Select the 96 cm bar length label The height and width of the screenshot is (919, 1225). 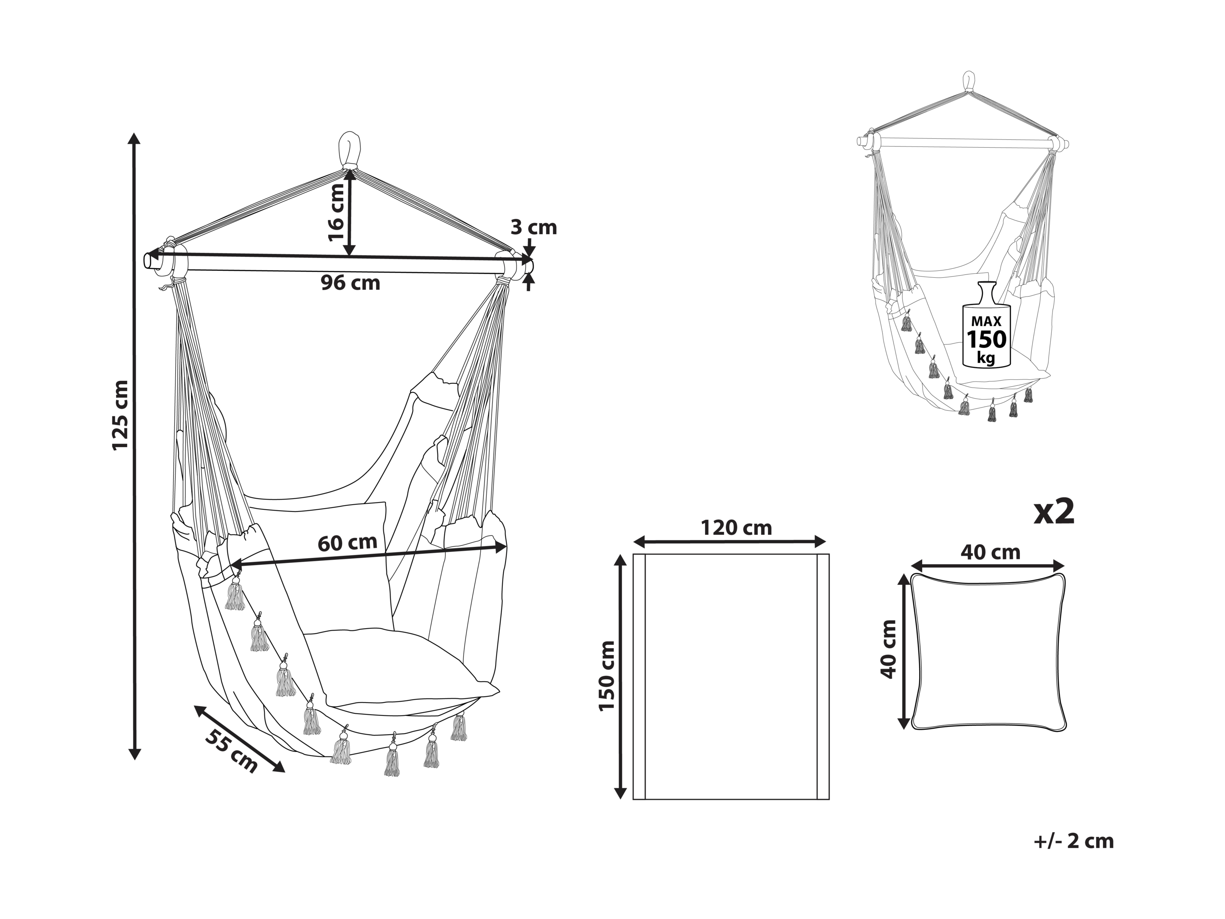[x=350, y=283]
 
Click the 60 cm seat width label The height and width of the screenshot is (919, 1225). [x=347, y=543]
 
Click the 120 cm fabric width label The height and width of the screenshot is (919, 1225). [x=737, y=528]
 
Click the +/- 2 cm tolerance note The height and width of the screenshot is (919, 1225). [x=1074, y=841]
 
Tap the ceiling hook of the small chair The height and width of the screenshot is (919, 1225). [x=969, y=83]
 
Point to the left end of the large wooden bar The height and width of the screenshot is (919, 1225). [x=149, y=260]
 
